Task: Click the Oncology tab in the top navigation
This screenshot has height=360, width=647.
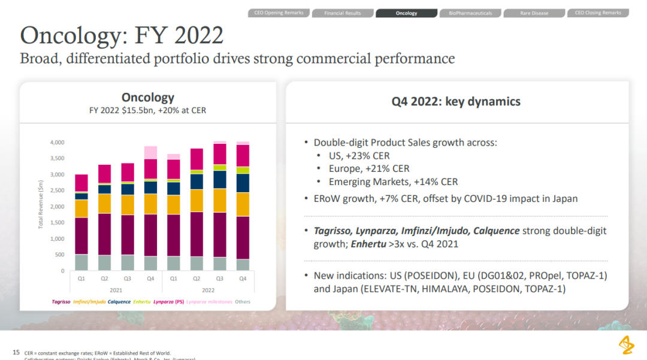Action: click(x=406, y=13)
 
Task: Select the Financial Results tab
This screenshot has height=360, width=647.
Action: click(x=343, y=13)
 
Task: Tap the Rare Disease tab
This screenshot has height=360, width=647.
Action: click(x=534, y=13)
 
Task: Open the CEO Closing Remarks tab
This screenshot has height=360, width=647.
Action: click(x=598, y=13)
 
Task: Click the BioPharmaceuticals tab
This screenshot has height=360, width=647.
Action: click(x=470, y=13)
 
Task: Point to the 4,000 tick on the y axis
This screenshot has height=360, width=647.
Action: click(x=56, y=143)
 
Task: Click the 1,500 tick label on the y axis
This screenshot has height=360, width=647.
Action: click(x=56, y=223)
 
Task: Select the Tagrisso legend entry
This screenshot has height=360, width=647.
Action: click(x=61, y=302)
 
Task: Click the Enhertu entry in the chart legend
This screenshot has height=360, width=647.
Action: click(x=141, y=302)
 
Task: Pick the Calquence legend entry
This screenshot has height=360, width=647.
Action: click(x=119, y=302)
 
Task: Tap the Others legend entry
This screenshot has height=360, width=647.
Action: click(x=243, y=302)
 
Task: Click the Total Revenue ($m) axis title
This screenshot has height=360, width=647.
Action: click(x=41, y=206)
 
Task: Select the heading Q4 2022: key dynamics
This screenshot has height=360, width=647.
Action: click(x=456, y=101)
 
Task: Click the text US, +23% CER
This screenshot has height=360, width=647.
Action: click(x=359, y=156)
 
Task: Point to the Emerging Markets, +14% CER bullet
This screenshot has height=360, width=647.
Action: click(x=393, y=181)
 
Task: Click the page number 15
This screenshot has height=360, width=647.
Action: click(x=16, y=352)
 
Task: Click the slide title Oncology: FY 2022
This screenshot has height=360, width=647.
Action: click(x=122, y=35)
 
